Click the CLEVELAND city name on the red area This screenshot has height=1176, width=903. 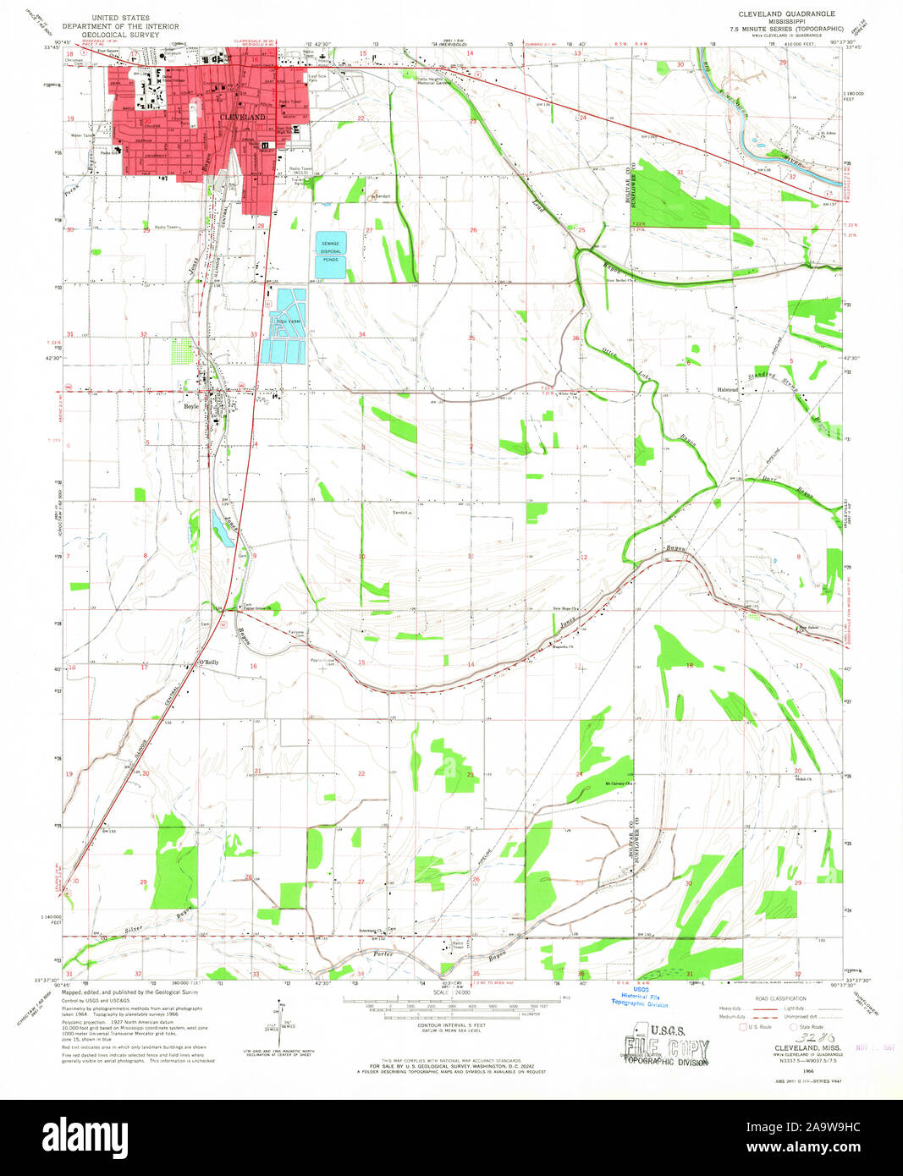point(242,116)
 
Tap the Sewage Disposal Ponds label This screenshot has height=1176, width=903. point(330,251)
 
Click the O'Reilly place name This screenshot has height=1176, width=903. point(208,662)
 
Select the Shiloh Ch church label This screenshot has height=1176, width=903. point(803,779)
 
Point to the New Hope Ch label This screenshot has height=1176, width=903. point(564,609)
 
